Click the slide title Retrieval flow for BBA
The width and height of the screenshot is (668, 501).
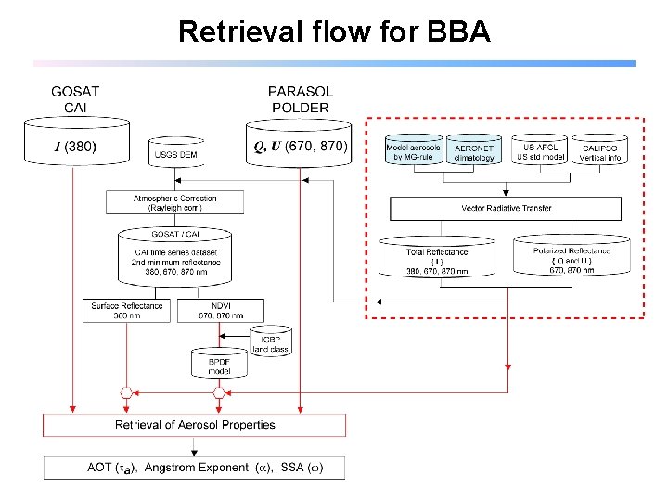[x=334, y=31]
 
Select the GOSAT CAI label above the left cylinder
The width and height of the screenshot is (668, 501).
[x=75, y=99]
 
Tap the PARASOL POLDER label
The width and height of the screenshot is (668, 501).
[x=300, y=99]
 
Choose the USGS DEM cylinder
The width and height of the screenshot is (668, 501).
[x=175, y=154]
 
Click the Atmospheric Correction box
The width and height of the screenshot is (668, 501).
[x=175, y=202]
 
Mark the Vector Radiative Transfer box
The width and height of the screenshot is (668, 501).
[x=506, y=208]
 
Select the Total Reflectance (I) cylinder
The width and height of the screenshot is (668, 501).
[x=437, y=261]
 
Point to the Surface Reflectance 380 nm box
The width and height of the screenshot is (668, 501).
[x=127, y=311]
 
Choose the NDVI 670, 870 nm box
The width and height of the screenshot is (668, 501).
[x=220, y=311]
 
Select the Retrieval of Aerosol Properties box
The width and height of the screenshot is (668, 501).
[x=195, y=425]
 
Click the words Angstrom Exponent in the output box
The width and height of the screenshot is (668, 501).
[x=197, y=467]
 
